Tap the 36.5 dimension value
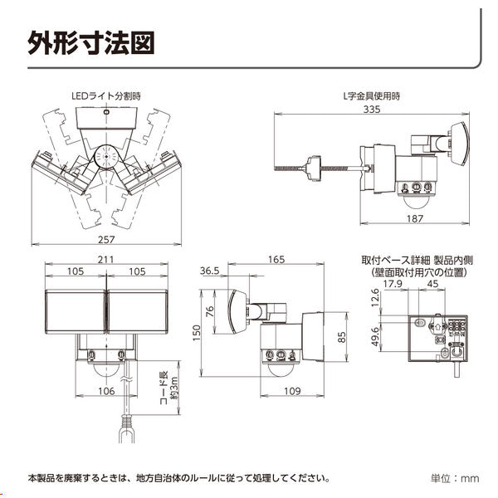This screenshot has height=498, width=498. (x=208, y=271)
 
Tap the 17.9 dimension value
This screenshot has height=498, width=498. (x=393, y=283)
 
